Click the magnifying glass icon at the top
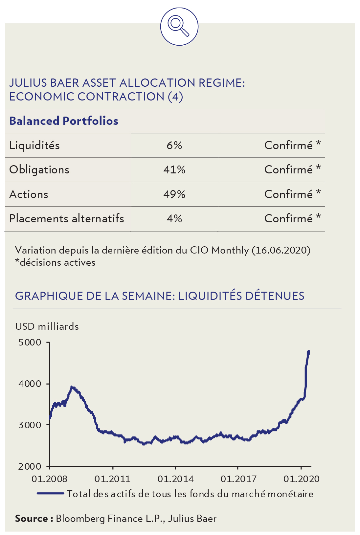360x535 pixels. pyautogui.click(x=179, y=26)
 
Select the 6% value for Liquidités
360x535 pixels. pyautogui.click(x=174, y=145)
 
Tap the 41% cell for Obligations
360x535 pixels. pyautogui.click(x=174, y=169)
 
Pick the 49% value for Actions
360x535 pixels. pyautogui.click(x=174, y=194)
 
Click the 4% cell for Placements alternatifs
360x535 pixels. pyautogui.click(x=174, y=218)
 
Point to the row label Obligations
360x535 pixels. pyautogui.click(x=39, y=169)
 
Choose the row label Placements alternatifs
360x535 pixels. pyautogui.click(x=66, y=218)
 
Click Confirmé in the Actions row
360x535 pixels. pyautogui.click(x=288, y=194)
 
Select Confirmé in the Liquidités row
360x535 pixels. pyautogui.click(x=288, y=145)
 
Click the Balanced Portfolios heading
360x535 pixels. pyautogui.click(x=64, y=121)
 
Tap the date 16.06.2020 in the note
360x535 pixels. pyautogui.click(x=281, y=250)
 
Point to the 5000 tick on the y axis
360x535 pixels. pyautogui.click(x=30, y=343)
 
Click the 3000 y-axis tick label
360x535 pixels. pyautogui.click(x=30, y=425)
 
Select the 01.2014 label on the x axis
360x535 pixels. pyautogui.click(x=175, y=479)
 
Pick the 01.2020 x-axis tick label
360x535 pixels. pyautogui.click(x=301, y=479)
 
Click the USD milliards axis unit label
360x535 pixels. pyautogui.click(x=47, y=326)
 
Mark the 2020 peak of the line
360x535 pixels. pyautogui.click(x=308, y=352)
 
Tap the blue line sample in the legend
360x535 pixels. pyautogui.click(x=50, y=493)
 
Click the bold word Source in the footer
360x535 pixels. pyautogui.click(x=32, y=519)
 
